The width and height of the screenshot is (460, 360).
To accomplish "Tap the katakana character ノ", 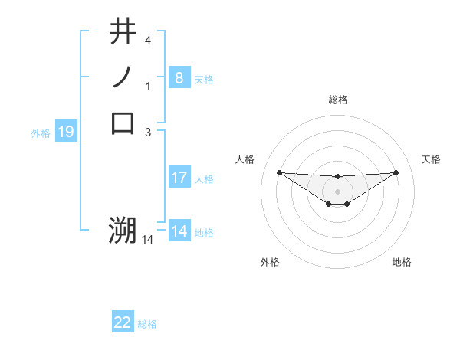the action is [123, 77].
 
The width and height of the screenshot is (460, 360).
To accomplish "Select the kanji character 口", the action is [123, 122].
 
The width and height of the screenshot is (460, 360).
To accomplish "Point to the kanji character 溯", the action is [123, 230].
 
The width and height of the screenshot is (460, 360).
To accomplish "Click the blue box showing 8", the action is [179, 77].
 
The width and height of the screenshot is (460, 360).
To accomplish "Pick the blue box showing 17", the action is [179, 178].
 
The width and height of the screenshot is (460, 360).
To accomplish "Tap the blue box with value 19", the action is [66, 132].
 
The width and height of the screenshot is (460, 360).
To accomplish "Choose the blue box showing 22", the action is [123, 322].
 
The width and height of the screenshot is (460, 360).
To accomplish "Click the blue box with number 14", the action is [179, 231].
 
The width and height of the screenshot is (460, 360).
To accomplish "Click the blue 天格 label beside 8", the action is [204, 79].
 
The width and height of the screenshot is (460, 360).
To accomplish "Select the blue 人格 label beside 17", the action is [204, 179].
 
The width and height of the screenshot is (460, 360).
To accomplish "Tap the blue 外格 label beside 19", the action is [41, 133].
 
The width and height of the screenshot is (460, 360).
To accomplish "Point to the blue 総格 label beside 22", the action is [147, 324].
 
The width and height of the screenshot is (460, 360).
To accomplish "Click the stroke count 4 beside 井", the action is [148, 40].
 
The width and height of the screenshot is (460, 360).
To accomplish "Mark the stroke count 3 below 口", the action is [148, 133].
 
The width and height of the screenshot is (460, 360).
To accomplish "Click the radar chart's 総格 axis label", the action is [337, 100].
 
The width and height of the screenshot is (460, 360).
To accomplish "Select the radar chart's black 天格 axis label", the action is [432, 159].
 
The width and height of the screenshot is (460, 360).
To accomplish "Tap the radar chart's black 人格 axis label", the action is [245, 159].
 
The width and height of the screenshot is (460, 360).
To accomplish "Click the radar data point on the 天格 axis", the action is [396, 172].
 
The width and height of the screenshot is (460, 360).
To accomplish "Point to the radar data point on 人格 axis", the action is [279, 172].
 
